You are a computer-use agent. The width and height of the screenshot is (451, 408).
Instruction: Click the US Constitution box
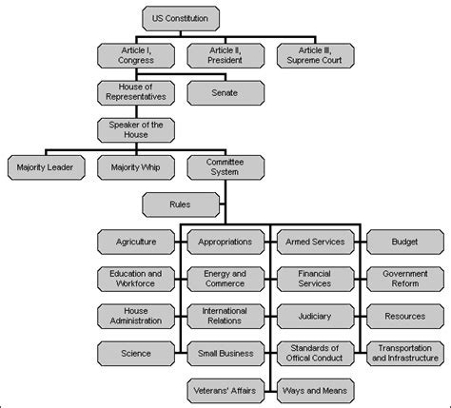184,17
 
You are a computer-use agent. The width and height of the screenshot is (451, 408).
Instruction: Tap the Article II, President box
224,54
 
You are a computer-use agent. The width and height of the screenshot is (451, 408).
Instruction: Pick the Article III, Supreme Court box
315,54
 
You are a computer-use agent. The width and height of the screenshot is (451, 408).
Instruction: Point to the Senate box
224,92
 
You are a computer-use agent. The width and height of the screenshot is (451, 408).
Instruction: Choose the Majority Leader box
44,167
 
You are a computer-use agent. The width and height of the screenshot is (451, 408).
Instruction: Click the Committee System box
224,167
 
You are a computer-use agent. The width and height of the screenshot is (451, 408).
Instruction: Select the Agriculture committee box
134,242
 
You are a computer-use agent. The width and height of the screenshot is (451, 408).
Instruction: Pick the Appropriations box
225,242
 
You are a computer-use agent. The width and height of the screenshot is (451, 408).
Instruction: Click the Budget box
403,242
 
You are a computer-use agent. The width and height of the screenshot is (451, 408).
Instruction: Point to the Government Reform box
403,279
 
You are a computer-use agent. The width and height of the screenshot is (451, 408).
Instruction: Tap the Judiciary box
314,316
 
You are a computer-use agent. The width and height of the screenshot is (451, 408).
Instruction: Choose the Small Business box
225,353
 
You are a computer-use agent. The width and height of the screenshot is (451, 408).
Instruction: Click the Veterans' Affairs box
225,390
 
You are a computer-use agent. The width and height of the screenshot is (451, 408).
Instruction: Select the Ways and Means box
314,390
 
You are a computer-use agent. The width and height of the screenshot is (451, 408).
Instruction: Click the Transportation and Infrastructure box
403,353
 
